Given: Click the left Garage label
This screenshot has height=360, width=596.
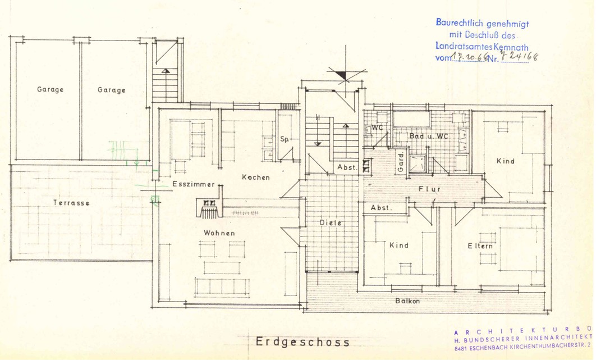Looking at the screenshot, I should coord(51,89).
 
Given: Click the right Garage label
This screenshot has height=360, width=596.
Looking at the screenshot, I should coord(111,90).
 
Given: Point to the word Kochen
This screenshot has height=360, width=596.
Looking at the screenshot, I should coord(255,177).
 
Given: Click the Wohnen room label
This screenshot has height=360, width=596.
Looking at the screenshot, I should coord(219,233).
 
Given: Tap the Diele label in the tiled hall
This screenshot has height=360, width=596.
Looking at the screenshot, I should coord(331,222).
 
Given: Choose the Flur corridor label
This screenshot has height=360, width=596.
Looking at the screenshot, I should coord(429,189).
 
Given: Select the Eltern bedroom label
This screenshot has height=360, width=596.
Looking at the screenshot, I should coord(480,246).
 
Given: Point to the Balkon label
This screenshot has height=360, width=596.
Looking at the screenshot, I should coord(407,301).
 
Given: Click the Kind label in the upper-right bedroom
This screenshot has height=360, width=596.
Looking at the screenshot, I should coord(505,161).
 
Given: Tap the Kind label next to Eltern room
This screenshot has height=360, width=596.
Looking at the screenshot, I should coord(398,245).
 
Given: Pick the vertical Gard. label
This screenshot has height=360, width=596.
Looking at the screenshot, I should coord(401,163).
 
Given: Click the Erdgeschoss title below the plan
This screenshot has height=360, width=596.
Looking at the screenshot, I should coord(302,341).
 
